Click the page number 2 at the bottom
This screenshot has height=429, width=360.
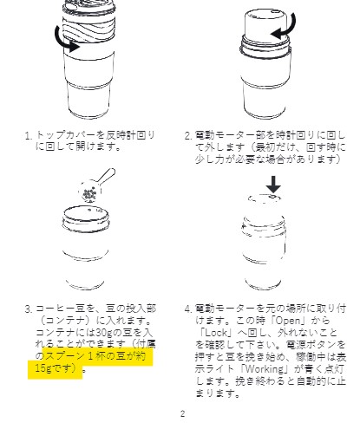pyautogui.click(x=182, y=413)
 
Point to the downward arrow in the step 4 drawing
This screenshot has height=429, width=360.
pyautogui.click(x=273, y=184)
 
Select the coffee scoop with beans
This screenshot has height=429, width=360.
pyautogui.click(x=95, y=185)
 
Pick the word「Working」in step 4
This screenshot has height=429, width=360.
pyautogui.click(x=265, y=368)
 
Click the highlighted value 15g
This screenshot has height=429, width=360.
pyautogui.click(x=43, y=368)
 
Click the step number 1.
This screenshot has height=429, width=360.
pyautogui.click(x=28, y=135)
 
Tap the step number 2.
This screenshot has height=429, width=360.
pyautogui.click(x=188, y=135)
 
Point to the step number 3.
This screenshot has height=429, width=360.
pyautogui.click(x=28, y=309)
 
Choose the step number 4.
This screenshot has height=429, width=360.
pyautogui.click(x=188, y=309)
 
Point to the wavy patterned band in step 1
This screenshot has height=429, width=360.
pyautogui.click(x=88, y=27)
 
